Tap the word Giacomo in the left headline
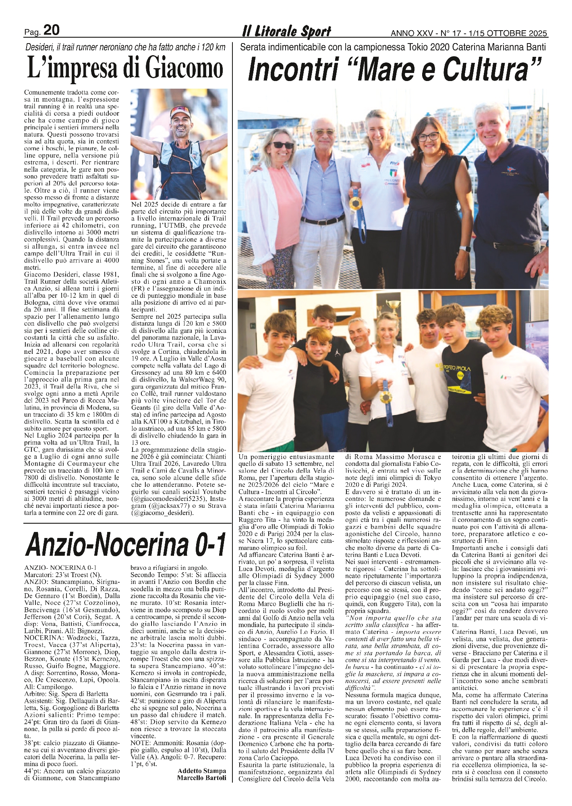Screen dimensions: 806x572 183,69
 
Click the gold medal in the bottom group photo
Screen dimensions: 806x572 385,397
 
